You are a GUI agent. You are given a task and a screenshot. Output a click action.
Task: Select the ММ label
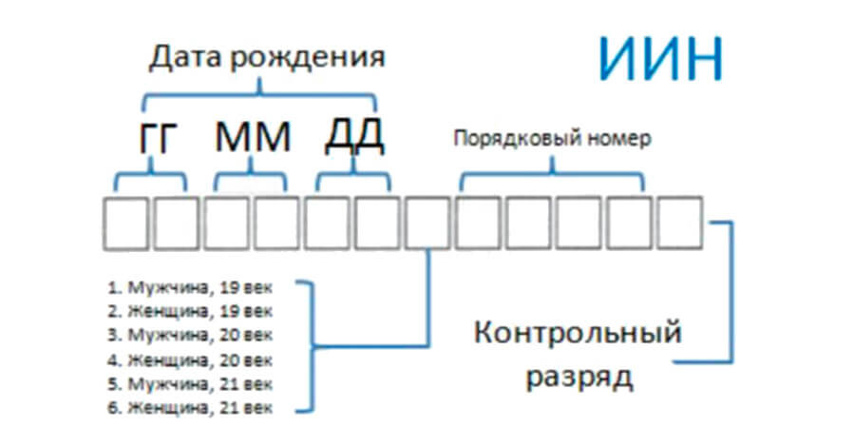tap(252, 139)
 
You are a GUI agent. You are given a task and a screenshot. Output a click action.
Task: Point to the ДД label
tap(352, 137)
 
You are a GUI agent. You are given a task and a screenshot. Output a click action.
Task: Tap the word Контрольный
tap(579, 334)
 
